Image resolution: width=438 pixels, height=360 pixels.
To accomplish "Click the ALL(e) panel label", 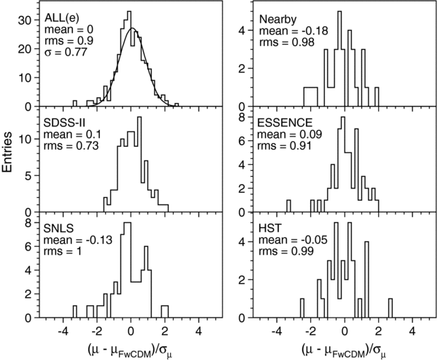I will tap(56, 18).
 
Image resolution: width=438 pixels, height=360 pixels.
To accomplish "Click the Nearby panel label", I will tap(278, 18).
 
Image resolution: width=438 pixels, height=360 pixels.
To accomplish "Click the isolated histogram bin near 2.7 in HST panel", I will tap(391, 307).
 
